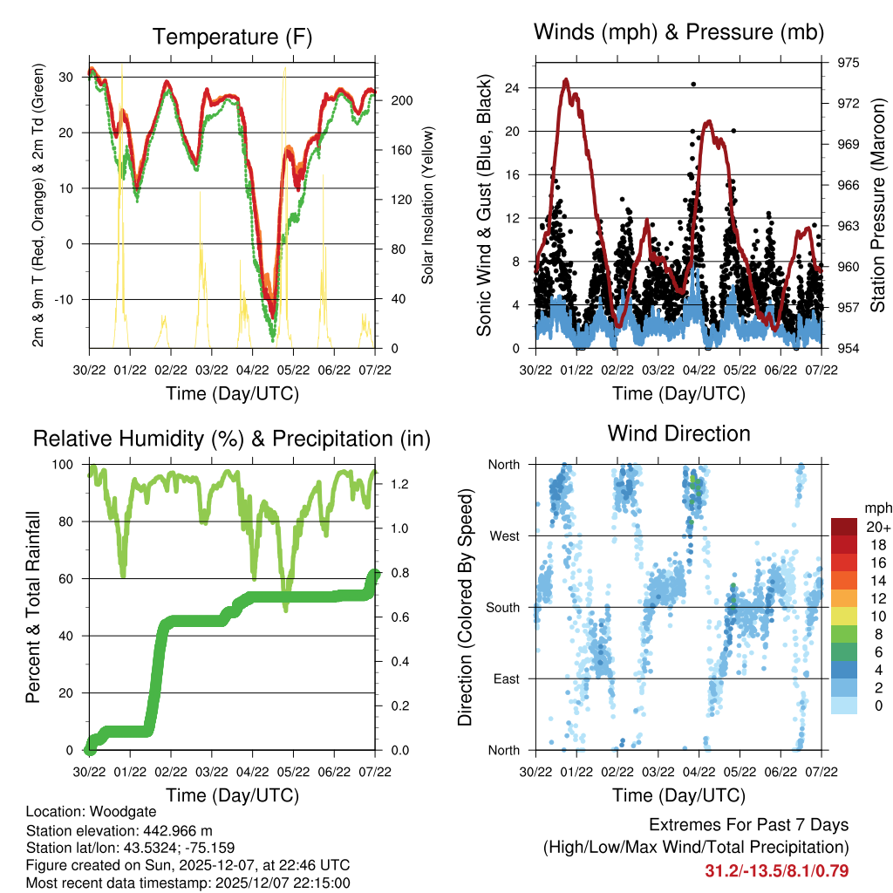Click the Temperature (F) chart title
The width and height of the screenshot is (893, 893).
231,37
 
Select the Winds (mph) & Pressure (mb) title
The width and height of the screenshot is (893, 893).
678,32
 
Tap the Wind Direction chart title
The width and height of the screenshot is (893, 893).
678,433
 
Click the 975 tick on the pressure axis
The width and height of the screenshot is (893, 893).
848,63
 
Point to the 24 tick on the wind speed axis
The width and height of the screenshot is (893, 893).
512,88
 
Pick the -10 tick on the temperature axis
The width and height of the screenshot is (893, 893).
66,299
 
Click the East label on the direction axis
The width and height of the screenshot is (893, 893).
506,678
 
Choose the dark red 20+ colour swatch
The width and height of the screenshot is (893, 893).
845,527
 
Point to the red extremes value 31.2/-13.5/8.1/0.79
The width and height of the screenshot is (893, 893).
777,870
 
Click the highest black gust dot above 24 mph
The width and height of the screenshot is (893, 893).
693,84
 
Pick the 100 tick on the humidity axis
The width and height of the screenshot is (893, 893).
66,464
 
